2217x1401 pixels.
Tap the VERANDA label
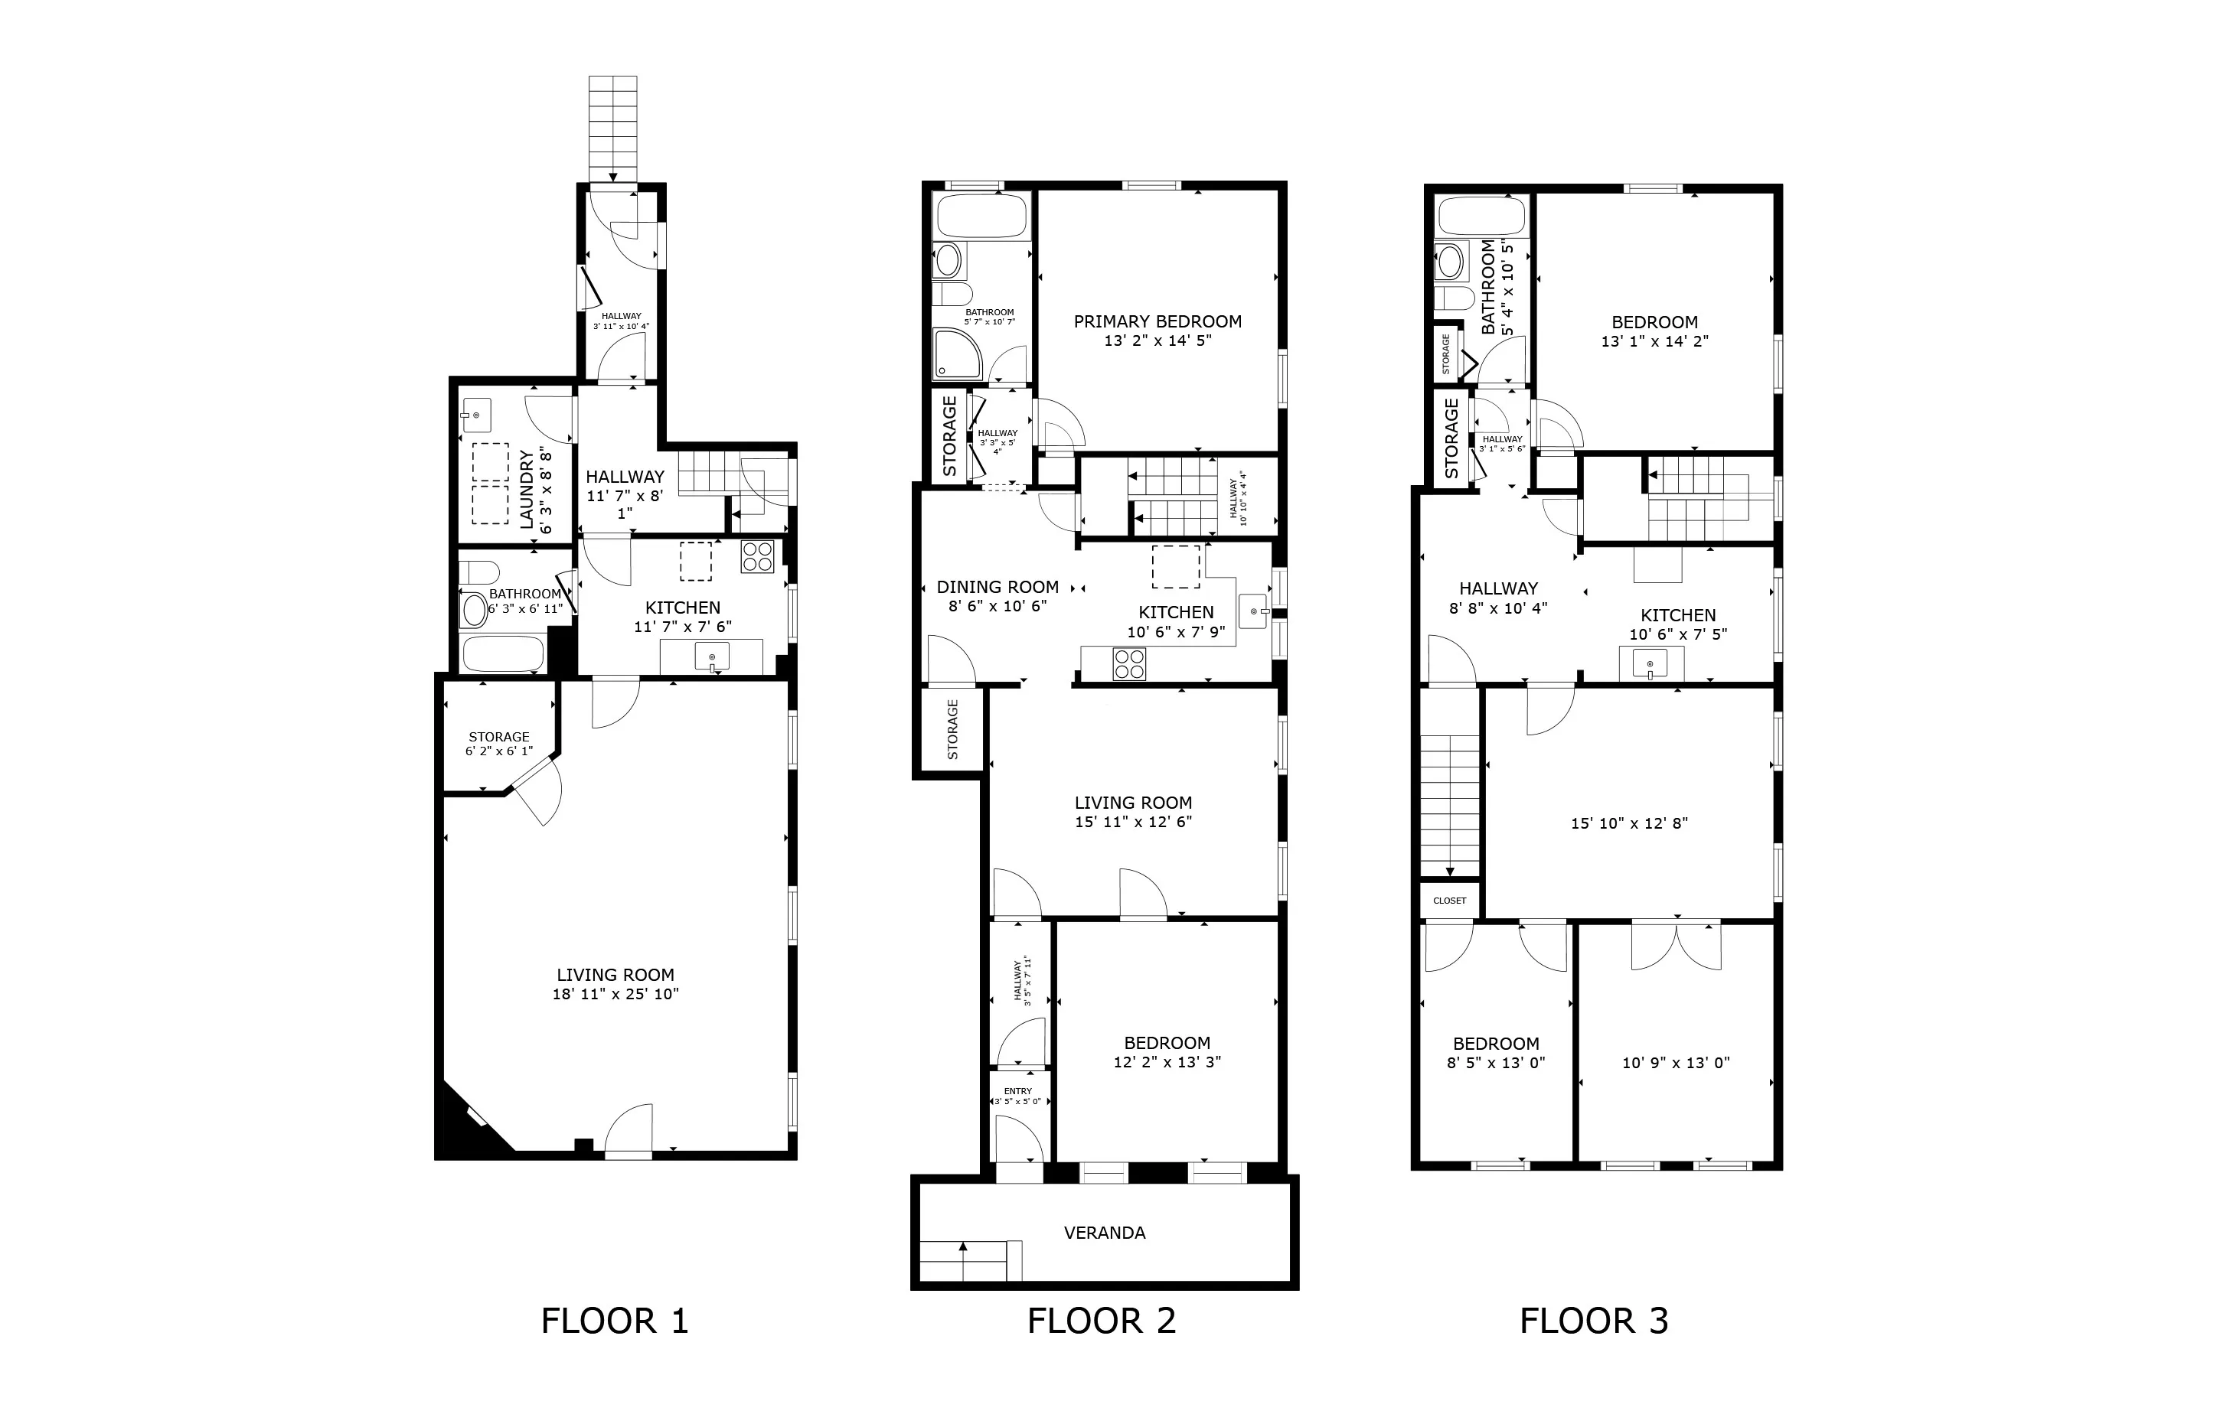pyautogui.click(x=1104, y=1233)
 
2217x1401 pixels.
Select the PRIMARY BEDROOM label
pyautogui.click(x=1157, y=321)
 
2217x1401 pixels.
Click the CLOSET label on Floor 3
pyautogui.click(x=1449, y=901)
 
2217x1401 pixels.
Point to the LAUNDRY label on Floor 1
pyautogui.click(x=527, y=489)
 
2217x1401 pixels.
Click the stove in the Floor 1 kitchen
pyautogui.click(x=758, y=557)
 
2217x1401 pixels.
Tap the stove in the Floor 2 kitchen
pyautogui.click(x=1130, y=663)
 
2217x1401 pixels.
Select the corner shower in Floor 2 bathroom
pyautogui.click(x=958, y=354)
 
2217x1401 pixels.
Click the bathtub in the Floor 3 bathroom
pyautogui.click(x=1481, y=217)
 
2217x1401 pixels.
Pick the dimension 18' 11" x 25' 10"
pyautogui.click(x=615, y=994)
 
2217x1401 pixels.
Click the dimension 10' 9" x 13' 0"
pyautogui.click(x=1676, y=1062)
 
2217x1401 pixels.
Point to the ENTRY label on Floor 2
pyautogui.click(x=1017, y=1092)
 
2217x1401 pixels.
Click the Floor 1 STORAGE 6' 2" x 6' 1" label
pyautogui.click(x=499, y=743)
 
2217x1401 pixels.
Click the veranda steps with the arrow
pyautogui.click(x=964, y=1260)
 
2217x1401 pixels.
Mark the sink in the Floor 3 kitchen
pyautogui.click(x=1650, y=663)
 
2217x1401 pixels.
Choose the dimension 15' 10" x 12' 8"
pyautogui.click(x=1629, y=823)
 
